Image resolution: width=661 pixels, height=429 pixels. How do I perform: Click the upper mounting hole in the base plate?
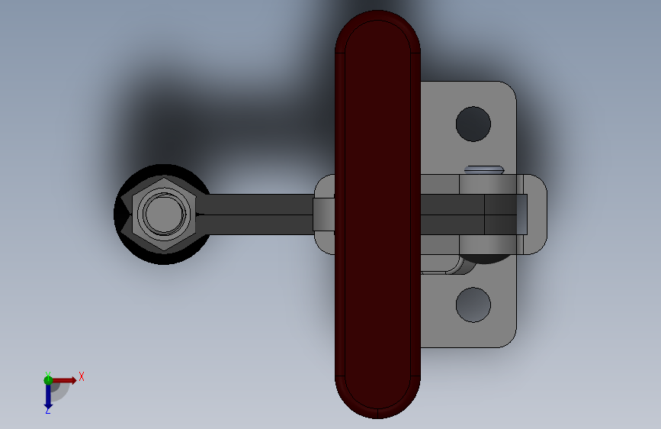[x=473, y=124]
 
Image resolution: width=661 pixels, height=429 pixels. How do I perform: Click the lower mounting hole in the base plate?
[x=473, y=304]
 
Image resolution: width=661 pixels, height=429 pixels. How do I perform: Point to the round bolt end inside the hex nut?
[x=164, y=214]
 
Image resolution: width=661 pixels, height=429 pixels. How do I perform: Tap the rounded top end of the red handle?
[x=377, y=31]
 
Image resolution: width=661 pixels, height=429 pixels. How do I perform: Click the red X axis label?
[x=81, y=376]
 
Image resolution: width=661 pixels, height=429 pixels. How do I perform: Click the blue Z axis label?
[x=48, y=411]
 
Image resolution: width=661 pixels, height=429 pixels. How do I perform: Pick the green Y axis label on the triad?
[x=47, y=374]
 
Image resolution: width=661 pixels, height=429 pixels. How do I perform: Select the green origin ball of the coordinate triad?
[x=48, y=380]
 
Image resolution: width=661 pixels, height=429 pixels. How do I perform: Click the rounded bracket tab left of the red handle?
[x=324, y=214]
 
